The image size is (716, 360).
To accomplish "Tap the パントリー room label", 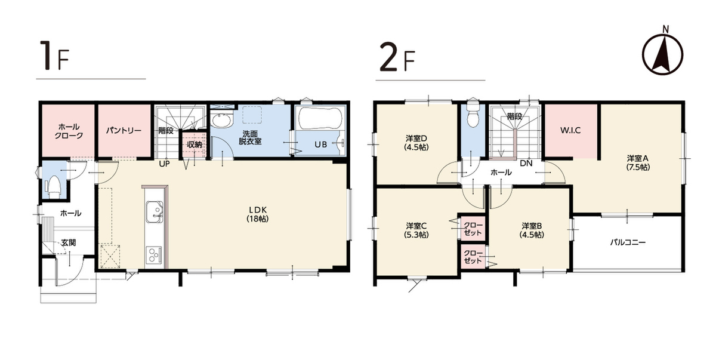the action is (124, 131).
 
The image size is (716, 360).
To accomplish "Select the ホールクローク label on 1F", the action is (69, 131).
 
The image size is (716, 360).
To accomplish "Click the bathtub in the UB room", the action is (320, 118).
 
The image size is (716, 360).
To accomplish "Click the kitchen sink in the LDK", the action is (155, 212).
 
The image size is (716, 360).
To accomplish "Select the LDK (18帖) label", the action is (258, 214).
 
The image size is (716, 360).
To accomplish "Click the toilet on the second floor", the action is (473, 116).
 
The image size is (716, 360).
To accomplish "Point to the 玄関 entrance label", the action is (69, 242).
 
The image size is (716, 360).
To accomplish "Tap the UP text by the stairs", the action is (164, 164).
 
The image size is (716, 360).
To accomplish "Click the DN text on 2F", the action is (526, 164).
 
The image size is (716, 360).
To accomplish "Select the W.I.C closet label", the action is (570, 130).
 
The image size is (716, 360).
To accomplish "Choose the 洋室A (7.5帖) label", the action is (638, 163).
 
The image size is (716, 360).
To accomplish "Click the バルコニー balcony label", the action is (628, 242).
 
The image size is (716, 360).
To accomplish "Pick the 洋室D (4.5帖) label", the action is (416, 143).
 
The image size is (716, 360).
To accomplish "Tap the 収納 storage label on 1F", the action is (195, 144).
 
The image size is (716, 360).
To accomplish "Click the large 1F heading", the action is (54, 56).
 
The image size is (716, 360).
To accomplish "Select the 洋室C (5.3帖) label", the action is (416, 230).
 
